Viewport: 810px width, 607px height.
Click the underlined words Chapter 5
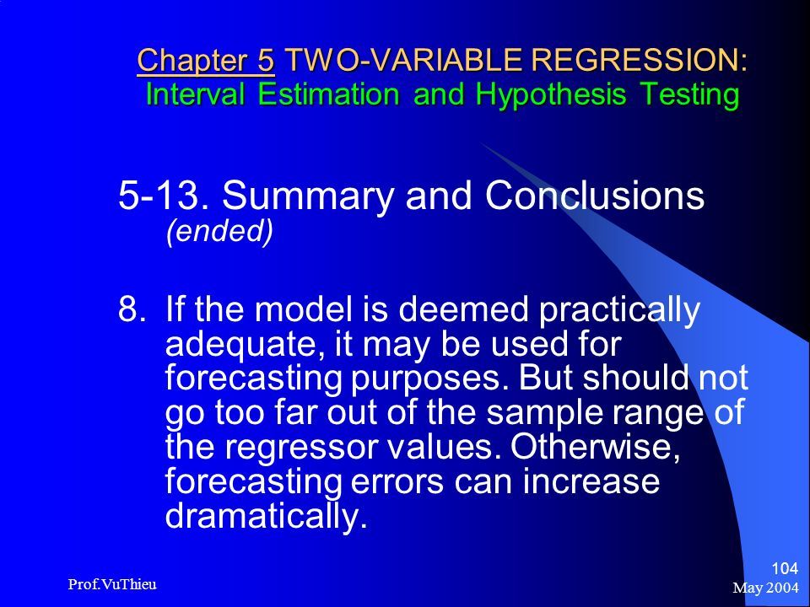pyautogui.click(x=206, y=61)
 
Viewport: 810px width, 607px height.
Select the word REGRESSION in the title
pyautogui.click(x=639, y=60)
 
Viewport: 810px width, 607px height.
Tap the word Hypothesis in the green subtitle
pyautogui.click(x=551, y=95)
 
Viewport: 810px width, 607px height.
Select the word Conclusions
pyautogui.click(x=595, y=195)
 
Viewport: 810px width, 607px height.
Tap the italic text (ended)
pyautogui.click(x=219, y=231)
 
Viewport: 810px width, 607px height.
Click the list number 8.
pyautogui.click(x=128, y=309)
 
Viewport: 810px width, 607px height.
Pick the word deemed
pyautogui.click(x=463, y=309)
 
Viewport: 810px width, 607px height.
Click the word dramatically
pyautogui.click(x=266, y=514)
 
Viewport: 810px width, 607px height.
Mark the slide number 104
pyautogui.click(x=785, y=569)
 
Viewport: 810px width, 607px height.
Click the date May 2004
pyautogui.click(x=765, y=588)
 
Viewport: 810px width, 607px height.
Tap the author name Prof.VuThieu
pyautogui.click(x=112, y=584)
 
